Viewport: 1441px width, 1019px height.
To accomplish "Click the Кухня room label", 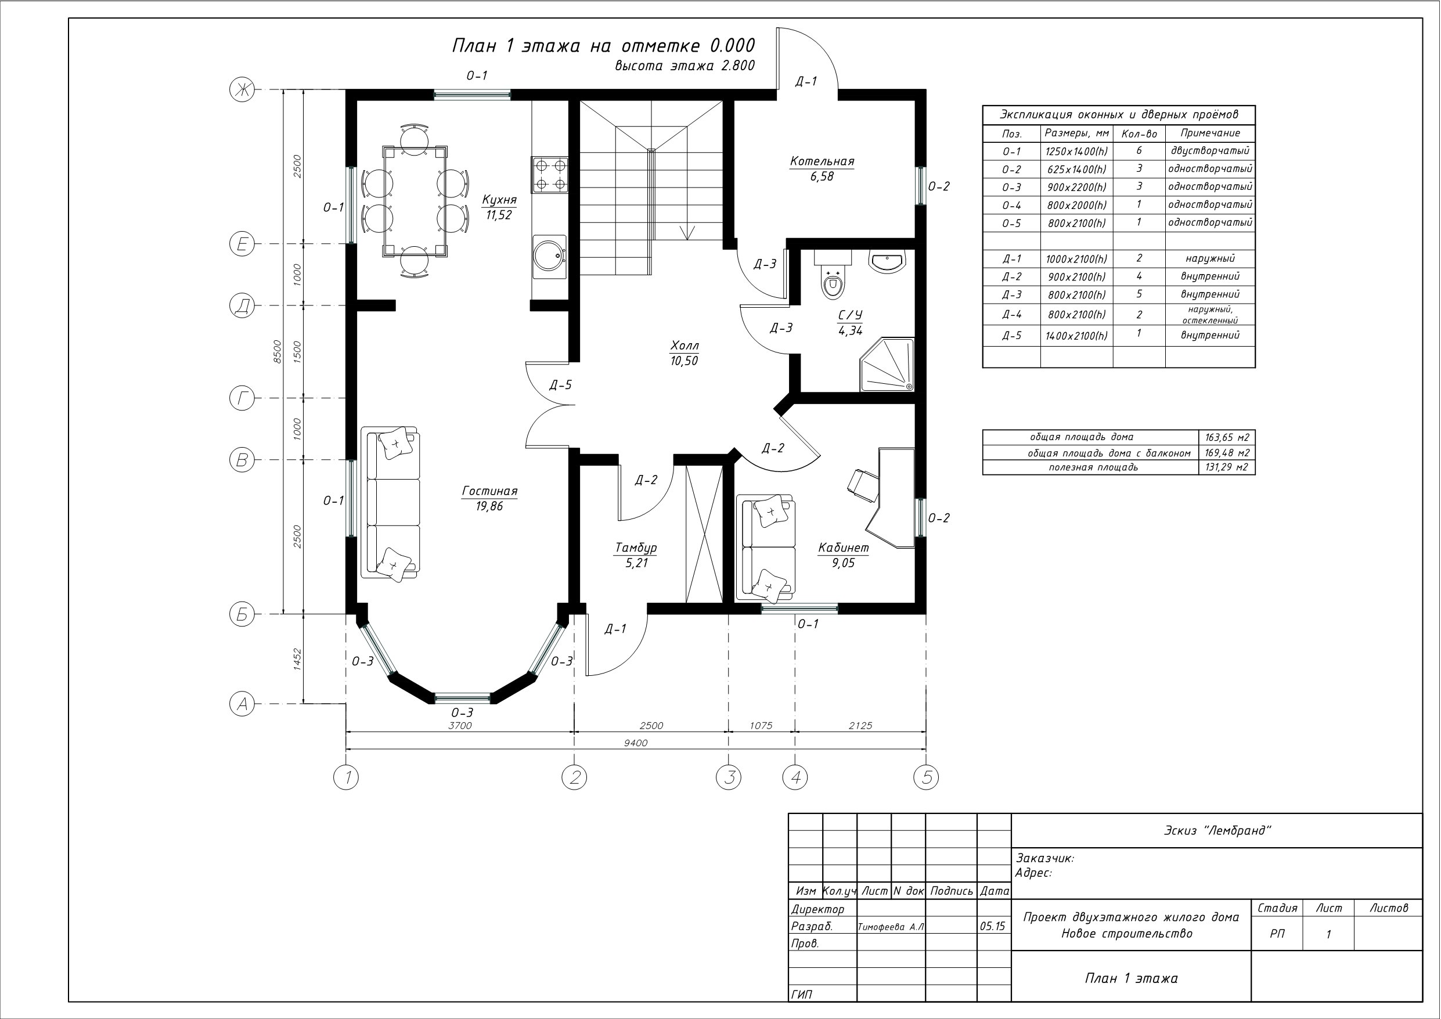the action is tap(499, 200).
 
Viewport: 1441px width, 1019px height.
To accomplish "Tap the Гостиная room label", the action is tap(489, 492).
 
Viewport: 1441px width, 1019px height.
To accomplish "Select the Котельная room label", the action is tap(822, 162).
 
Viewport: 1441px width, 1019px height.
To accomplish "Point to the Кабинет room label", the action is tap(844, 548).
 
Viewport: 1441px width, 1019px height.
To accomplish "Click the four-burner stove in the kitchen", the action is tap(550, 175).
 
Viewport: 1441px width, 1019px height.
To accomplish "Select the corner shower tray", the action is tap(887, 365).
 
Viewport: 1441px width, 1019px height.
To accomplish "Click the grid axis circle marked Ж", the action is tap(242, 91).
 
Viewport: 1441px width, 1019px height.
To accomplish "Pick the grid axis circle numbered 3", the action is tap(729, 778).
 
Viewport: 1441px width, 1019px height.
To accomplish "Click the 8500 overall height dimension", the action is tap(278, 352).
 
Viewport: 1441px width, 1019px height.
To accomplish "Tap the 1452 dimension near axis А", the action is tap(297, 659).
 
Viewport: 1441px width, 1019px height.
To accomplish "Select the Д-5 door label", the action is tap(560, 385).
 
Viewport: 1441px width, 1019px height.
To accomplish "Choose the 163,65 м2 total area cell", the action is tap(1227, 438).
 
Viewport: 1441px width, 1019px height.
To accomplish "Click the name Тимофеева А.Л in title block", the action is tap(891, 927).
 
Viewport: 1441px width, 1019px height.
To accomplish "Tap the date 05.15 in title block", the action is tap(992, 926).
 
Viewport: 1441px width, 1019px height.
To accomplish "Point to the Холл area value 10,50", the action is tap(684, 361).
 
